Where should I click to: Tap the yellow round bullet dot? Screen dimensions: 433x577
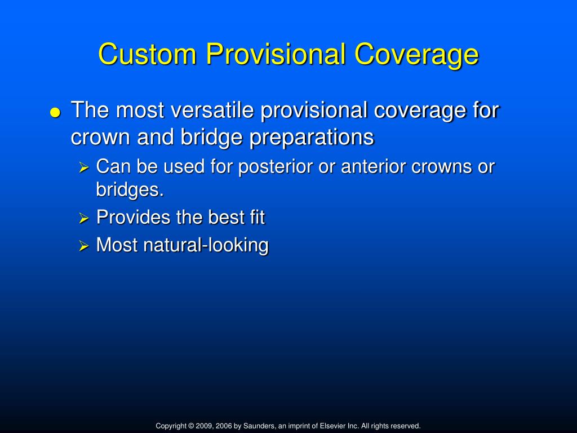coord(55,112)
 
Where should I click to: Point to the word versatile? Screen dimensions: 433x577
coord(213,111)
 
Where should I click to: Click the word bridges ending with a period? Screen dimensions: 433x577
coord(130,190)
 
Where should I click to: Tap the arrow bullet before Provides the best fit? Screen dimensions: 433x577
coord(84,218)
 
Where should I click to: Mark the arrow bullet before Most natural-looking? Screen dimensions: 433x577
coord(84,246)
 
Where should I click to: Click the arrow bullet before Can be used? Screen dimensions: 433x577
coord(84,168)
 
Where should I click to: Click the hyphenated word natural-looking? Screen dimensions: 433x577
coord(206,245)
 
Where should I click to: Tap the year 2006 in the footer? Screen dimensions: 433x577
coord(224,426)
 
